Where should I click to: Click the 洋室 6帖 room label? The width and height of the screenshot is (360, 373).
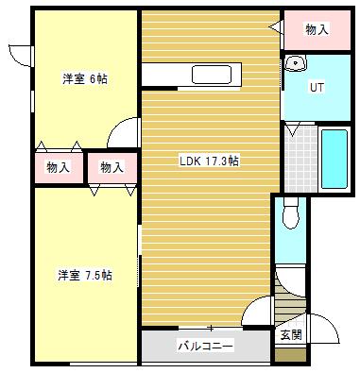(84, 78)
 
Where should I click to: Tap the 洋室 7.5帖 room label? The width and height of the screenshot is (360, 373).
(85, 275)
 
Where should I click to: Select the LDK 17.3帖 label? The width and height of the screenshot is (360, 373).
(209, 161)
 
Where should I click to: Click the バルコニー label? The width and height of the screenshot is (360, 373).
(206, 347)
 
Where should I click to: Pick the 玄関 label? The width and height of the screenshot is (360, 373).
(290, 334)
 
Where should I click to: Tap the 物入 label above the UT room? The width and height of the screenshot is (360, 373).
(317, 30)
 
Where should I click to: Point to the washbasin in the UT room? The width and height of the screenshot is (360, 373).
(296, 64)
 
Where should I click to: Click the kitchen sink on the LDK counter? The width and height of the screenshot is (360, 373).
(217, 75)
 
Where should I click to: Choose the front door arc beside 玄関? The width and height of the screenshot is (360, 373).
(323, 327)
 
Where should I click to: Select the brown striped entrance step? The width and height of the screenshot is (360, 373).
(289, 303)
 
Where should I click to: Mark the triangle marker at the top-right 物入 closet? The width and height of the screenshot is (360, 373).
(275, 28)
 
